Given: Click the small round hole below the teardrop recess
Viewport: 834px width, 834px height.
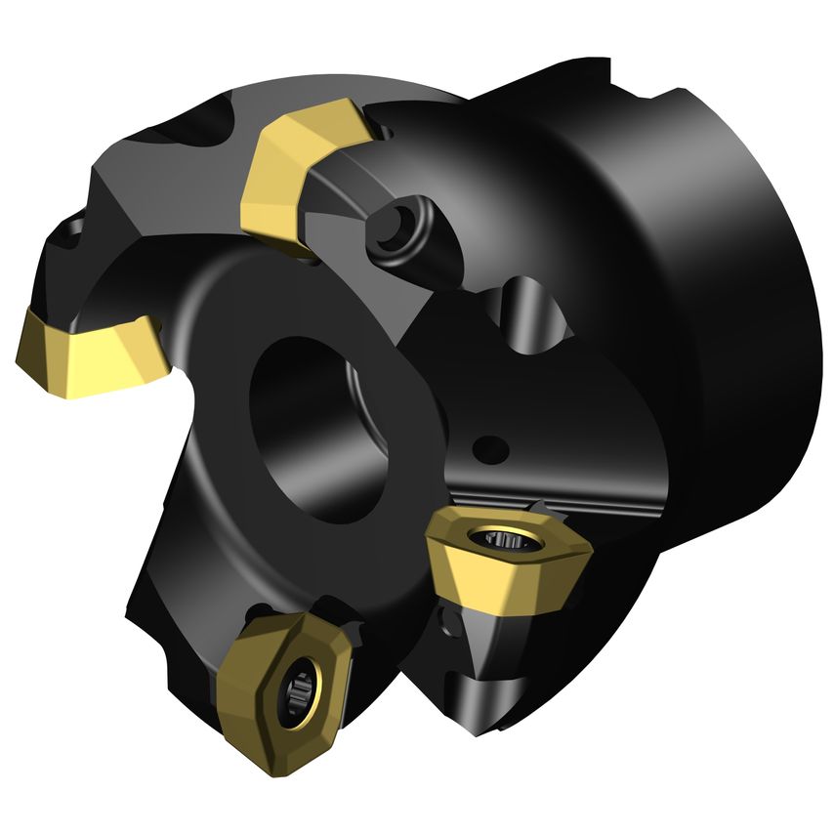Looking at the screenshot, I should coord(494,450).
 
